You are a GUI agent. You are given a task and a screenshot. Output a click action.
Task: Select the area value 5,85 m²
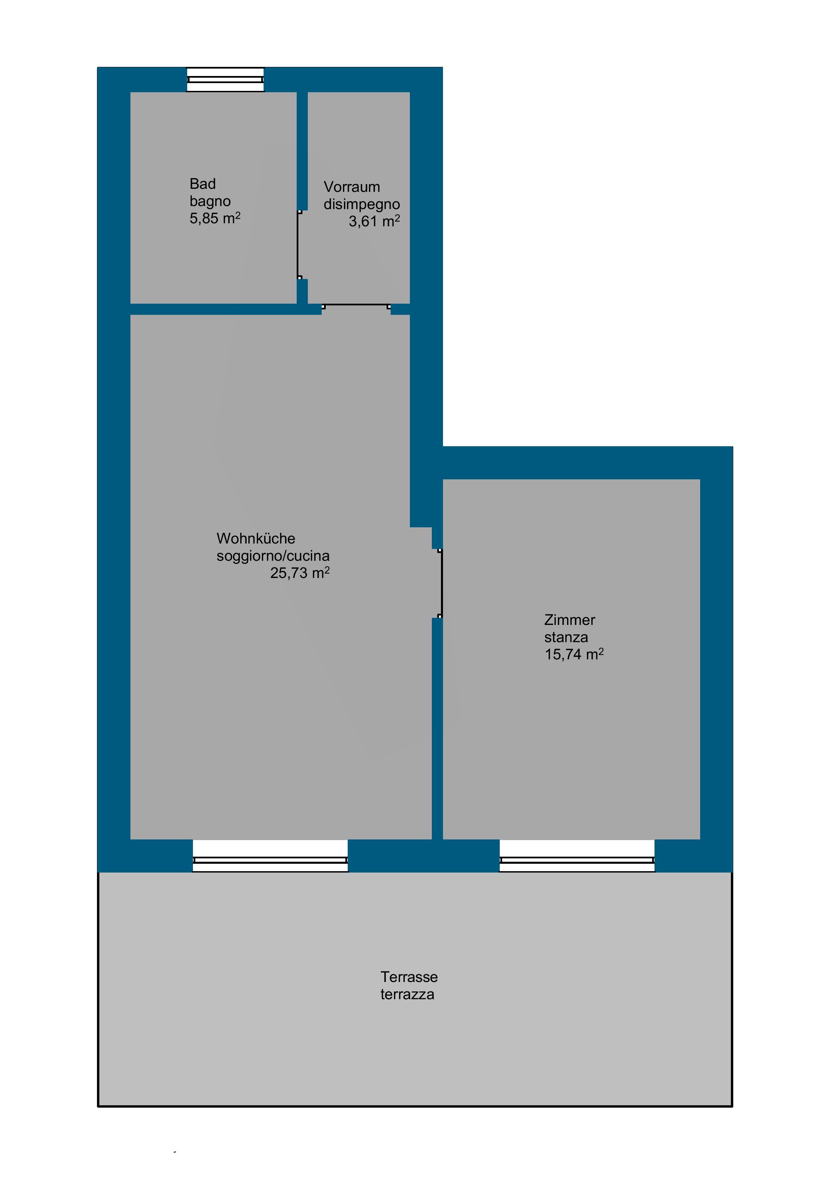click(x=215, y=218)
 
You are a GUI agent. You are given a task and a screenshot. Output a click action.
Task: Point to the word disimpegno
click(x=362, y=204)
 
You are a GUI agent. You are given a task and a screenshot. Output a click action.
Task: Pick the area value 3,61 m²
click(x=374, y=221)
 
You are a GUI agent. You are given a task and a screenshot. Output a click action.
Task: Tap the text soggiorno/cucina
click(x=273, y=556)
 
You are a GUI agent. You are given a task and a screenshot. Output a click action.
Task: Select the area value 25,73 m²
click(x=300, y=573)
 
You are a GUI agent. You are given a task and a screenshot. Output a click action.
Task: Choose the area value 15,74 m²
click(x=574, y=654)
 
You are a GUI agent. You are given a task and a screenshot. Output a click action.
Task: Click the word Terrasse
click(x=409, y=977)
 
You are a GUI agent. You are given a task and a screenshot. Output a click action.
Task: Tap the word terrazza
click(x=408, y=994)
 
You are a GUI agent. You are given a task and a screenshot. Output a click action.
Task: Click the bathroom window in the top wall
click(x=225, y=79)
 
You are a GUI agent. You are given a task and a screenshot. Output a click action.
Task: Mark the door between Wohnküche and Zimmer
click(x=440, y=583)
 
